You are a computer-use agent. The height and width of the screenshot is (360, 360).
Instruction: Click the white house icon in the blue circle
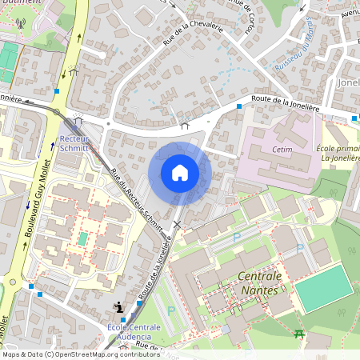click(x=179, y=172)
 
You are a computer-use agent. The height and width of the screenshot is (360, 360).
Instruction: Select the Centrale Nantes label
click(x=260, y=282)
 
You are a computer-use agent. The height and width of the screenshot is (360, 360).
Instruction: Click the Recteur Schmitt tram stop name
click(x=74, y=144)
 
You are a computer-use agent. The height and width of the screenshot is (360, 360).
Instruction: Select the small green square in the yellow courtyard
click(x=82, y=238)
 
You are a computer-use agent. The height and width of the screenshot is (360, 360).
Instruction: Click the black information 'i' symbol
click(x=118, y=306)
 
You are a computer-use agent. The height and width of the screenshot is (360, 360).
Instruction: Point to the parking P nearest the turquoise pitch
click(x=300, y=249)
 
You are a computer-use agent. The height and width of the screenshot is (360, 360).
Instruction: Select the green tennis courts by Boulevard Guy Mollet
click(x=8, y=59)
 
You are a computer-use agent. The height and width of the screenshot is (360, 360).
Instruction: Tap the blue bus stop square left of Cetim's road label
click(x=238, y=106)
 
